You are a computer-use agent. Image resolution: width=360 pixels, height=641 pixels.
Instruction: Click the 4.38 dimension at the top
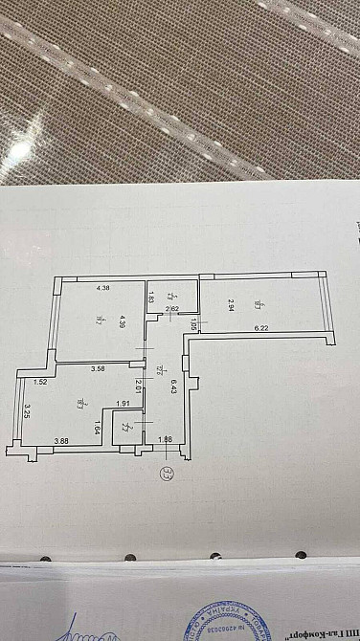click(104, 288)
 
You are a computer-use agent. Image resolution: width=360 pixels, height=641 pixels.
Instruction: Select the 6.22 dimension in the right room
click(260, 328)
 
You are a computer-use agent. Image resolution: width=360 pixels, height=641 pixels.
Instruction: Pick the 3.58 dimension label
click(98, 367)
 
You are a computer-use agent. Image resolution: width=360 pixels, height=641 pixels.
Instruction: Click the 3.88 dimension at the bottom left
click(61, 440)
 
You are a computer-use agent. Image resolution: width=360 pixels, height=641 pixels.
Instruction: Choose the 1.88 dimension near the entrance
click(165, 440)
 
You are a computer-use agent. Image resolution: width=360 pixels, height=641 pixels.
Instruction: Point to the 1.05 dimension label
click(193, 326)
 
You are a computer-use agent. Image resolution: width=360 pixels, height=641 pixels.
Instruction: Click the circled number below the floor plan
click(169, 472)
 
